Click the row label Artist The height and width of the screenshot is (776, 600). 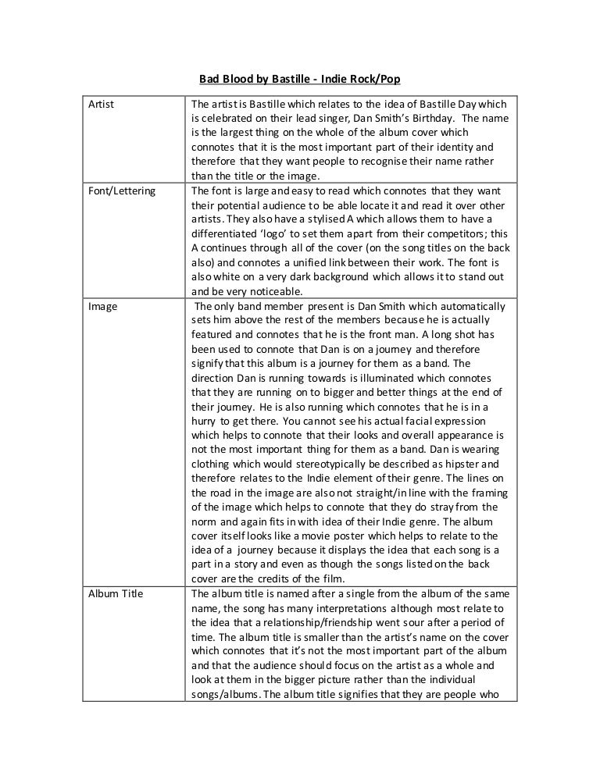[x=100, y=105]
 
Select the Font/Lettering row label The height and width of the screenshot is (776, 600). [x=122, y=190]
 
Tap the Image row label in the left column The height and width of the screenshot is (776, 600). [x=102, y=306]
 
